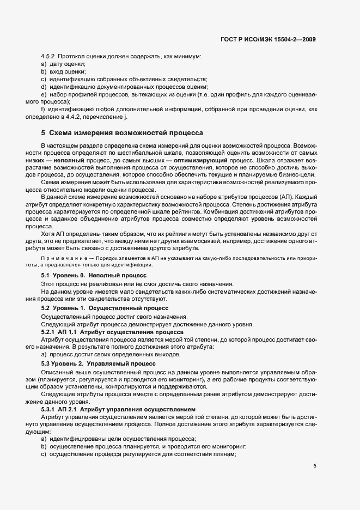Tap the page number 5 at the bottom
pos(315,466)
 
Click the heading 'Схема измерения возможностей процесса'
pos(126,132)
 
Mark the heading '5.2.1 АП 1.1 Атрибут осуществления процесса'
pos(112,331)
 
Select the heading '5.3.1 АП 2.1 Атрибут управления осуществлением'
pos(118,408)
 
